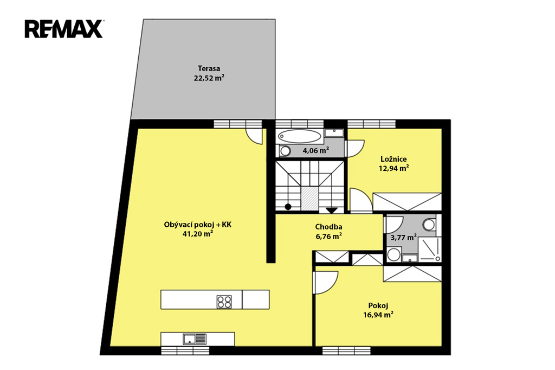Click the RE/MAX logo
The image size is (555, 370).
tap(64, 29)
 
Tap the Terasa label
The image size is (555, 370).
tap(209, 68)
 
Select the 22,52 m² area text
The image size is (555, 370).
tap(209, 78)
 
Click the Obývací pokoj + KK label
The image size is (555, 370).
tap(197, 225)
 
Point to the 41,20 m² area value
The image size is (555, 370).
tap(197, 233)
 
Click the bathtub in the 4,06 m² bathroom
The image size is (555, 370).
tap(300, 136)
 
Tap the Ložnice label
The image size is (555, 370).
tap(393, 159)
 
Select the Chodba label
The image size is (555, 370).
tap(328, 227)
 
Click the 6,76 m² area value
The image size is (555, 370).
tap(328, 236)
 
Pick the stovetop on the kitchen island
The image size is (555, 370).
tap(224, 302)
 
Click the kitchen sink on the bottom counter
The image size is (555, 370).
tap(195, 339)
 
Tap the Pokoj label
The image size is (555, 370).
tap(378, 305)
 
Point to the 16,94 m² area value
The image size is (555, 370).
tap(378, 315)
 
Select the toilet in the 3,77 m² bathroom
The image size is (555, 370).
tap(430, 225)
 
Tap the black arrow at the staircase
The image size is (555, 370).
tap(332, 210)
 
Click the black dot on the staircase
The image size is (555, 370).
tap(288, 207)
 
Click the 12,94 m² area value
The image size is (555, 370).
tap(393, 168)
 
